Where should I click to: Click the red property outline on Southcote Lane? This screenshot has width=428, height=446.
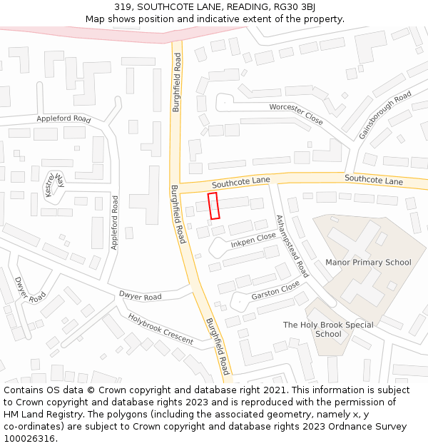pyautogui.click(x=213, y=206)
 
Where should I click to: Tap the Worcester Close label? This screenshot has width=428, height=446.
pyautogui.click(x=296, y=114)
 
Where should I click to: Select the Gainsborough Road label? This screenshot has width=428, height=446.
pyautogui.click(x=385, y=115)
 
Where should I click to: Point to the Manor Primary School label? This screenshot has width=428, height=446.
pyautogui.click(x=368, y=262)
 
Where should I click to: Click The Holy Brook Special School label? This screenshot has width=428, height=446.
pyautogui.click(x=327, y=329)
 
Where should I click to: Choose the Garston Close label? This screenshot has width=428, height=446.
pyautogui.click(x=275, y=290)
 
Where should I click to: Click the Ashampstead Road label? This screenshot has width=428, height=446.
pyautogui.click(x=292, y=246)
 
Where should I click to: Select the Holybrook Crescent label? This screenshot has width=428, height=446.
pyautogui.click(x=160, y=328)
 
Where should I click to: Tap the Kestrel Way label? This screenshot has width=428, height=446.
pyautogui.click(x=55, y=183)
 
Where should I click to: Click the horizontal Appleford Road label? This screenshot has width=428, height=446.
pyautogui.click(x=63, y=119)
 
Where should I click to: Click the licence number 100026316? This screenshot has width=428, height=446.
pyautogui.click(x=31, y=438)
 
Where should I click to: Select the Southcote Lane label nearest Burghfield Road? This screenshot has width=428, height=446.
pyautogui.click(x=240, y=183)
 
